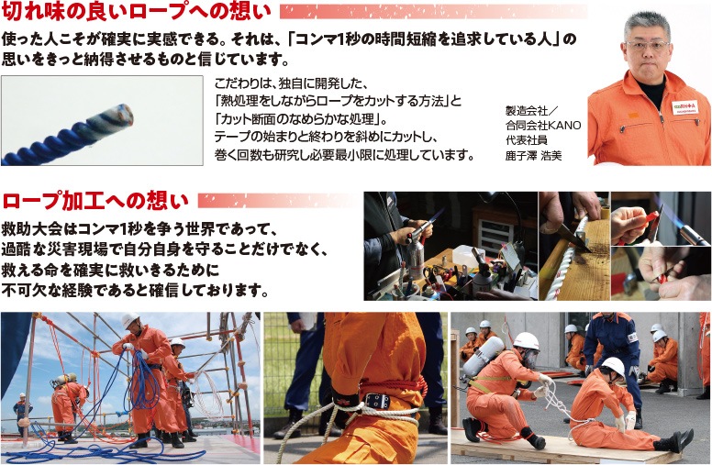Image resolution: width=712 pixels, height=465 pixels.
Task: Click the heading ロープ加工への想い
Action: [x=95, y=201]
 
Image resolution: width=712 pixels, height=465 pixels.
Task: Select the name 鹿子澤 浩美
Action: [x=534, y=156]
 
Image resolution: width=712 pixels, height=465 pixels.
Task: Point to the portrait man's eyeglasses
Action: [x=647, y=46]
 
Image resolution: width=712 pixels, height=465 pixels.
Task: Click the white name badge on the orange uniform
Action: [x=684, y=107]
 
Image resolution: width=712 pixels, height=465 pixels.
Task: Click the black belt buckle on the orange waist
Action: [x=376, y=401]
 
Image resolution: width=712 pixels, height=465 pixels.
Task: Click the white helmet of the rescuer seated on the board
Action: [x=613, y=365]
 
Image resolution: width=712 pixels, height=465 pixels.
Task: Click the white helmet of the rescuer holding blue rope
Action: [x=131, y=320]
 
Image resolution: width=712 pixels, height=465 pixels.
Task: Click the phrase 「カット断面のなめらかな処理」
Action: [x=300, y=119]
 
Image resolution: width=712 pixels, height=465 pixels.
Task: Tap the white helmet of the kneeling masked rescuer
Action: [x=527, y=340]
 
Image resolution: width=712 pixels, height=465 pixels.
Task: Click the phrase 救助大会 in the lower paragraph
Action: [x=33, y=229]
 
